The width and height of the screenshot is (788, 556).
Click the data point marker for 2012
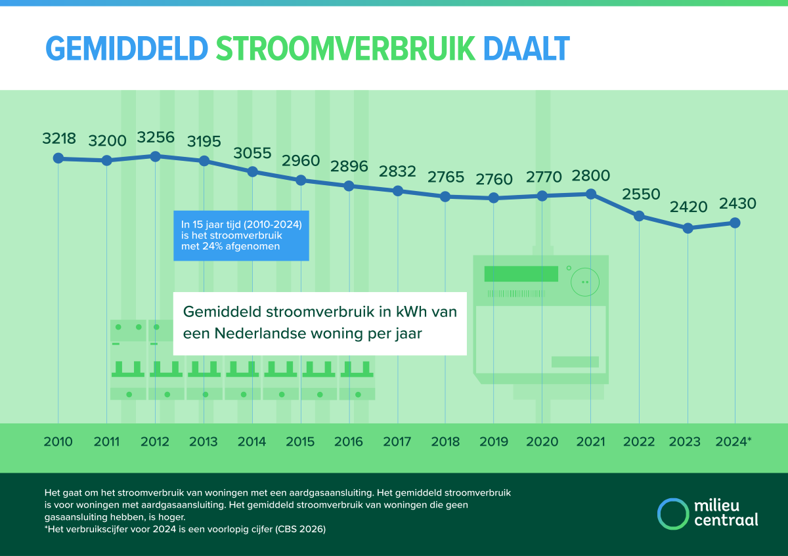(156, 156)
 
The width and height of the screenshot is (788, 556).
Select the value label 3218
(59, 139)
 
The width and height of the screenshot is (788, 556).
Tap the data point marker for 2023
(688, 228)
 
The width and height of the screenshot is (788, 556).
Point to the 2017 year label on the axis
(397, 442)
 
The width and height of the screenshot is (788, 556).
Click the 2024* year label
(733, 442)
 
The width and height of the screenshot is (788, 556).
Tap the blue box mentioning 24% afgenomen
(241, 236)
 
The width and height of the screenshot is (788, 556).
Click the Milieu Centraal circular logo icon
(672, 513)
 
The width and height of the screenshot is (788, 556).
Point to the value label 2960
(301, 161)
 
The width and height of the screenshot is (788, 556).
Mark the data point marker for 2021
(591, 194)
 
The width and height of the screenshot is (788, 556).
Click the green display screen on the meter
(521, 274)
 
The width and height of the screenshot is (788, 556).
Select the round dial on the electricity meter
(584, 282)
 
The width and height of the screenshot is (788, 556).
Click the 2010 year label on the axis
(58, 442)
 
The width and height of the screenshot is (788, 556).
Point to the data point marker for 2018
(445, 196)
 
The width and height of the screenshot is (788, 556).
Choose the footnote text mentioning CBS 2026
(185, 529)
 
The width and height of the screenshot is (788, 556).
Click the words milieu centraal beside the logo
(726, 513)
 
